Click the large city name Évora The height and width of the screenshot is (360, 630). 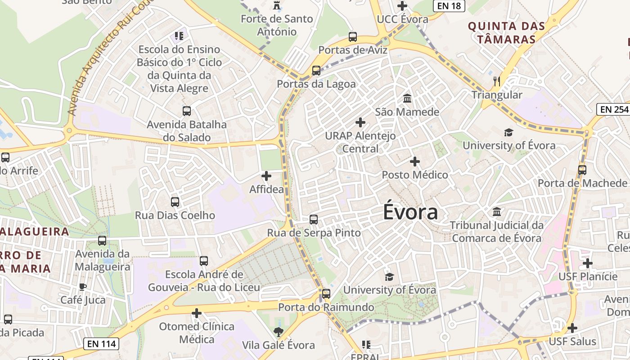pyautogui.click(x=410, y=212)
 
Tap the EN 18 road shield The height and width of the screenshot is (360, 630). pyautogui.click(x=449, y=5)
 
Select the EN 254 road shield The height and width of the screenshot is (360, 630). pyautogui.click(x=613, y=109)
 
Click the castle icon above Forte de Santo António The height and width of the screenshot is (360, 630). pyautogui.click(x=276, y=5)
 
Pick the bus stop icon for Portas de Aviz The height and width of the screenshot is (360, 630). pyautogui.click(x=353, y=37)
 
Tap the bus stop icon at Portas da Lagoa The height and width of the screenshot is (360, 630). pyautogui.click(x=316, y=71)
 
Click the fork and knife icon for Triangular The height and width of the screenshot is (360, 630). pyautogui.click(x=497, y=81)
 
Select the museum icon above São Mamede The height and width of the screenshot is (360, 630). pyautogui.click(x=407, y=98)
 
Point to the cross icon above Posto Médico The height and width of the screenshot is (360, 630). pyautogui.click(x=415, y=161)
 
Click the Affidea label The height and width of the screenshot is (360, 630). pyautogui.click(x=267, y=189)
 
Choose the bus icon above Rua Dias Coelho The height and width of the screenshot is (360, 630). pyautogui.click(x=175, y=202)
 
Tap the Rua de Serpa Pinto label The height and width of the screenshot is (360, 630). pyautogui.click(x=314, y=233)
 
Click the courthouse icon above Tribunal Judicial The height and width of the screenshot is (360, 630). pyautogui.click(x=497, y=211)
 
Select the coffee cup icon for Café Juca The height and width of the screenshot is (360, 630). pyautogui.click(x=83, y=287)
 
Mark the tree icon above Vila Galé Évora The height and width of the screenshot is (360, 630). pyautogui.click(x=279, y=332)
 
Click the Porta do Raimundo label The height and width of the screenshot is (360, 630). pyautogui.click(x=326, y=307)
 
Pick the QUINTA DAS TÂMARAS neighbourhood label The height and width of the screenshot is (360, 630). pyautogui.click(x=506, y=32)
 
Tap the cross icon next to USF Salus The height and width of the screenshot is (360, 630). pyautogui.click(x=572, y=328)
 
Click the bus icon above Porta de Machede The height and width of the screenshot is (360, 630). pyautogui.click(x=582, y=170)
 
